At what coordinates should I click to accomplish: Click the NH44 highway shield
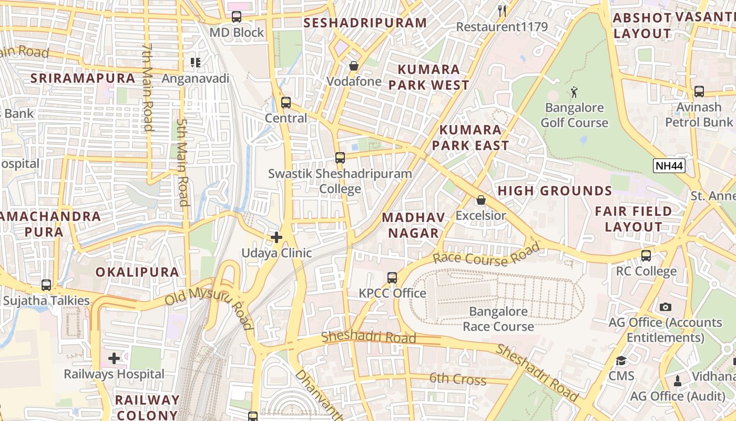coord(669,166)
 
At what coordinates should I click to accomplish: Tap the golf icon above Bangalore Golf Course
coord(574,93)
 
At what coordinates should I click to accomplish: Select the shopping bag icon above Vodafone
coord(354,66)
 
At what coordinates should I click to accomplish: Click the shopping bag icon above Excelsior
coord(481,201)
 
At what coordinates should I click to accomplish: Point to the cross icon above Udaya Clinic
coord(277,238)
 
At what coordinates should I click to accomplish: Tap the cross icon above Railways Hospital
coord(114,359)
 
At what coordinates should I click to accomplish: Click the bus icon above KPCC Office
coord(392,278)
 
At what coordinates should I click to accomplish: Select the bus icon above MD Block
coord(237,17)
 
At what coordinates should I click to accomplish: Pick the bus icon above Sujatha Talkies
coord(46,285)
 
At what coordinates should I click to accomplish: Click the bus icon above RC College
coord(646,256)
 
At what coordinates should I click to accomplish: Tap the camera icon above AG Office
coord(666,307)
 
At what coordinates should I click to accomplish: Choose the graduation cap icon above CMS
coord(621,360)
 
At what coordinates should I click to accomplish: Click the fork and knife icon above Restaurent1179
coord(502,11)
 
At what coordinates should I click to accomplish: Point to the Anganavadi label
coord(196,79)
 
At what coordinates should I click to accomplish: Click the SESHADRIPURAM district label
coord(365,23)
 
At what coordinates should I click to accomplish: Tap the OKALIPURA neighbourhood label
coord(137,272)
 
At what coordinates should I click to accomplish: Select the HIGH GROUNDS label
coord(555,191)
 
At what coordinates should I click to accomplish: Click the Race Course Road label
coord(487,254)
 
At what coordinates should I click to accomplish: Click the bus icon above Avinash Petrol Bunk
coord(699,92)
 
